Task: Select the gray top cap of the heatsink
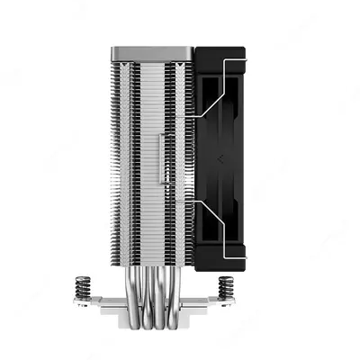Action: tap(151, 53)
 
